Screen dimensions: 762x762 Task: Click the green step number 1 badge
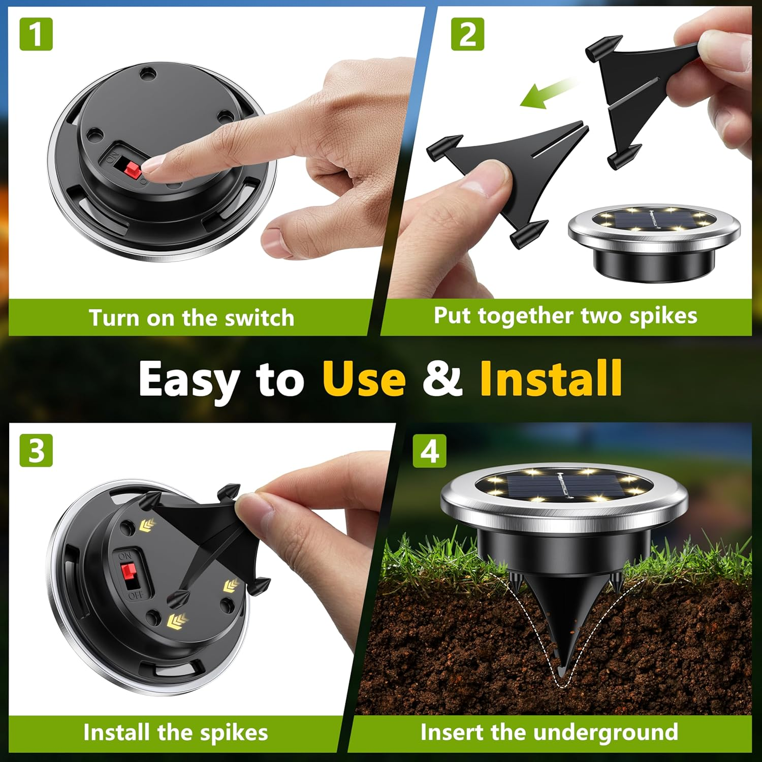pyautogui.click(x=36, y=34)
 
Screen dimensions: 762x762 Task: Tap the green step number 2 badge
pyautogui.click(x=467, y=34)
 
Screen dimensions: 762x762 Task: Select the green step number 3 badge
pyautogui.click(x=36, y=450)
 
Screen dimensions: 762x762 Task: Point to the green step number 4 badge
pyautogui.click(x=429, y=450)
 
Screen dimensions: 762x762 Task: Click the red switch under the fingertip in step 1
pyautogui.click(x=134, y=170)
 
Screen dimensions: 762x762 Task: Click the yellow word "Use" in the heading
pyautogui.click(x=364, y=379)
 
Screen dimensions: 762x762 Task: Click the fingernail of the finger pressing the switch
pyautogui.click(x=152, y=163)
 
